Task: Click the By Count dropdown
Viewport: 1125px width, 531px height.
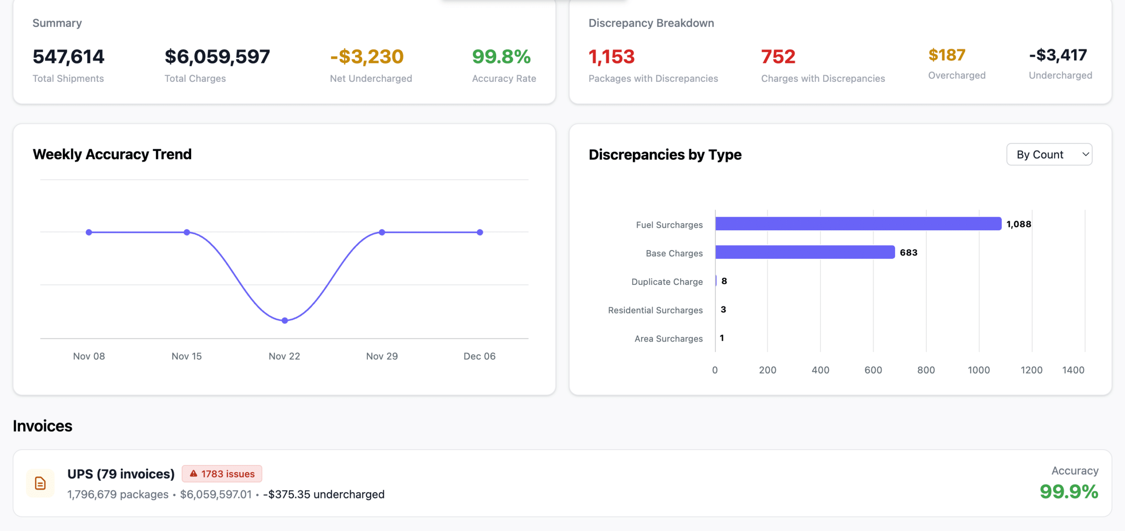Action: tap(1049, 154)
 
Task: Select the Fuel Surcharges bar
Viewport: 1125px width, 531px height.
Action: tap(858, 224)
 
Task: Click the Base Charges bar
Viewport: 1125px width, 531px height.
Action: tap(805, 252)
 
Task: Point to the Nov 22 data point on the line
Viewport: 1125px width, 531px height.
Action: tap(285, 320)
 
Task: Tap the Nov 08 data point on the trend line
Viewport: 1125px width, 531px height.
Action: tap(89, 232)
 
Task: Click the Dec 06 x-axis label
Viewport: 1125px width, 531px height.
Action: tap(479, 356)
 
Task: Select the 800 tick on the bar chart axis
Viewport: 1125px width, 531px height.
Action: tap(926, 370)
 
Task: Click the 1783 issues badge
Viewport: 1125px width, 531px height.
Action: tap(222, 474)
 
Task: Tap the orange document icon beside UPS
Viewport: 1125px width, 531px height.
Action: tap(40, 483)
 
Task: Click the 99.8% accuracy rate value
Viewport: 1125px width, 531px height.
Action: tap(501, 57)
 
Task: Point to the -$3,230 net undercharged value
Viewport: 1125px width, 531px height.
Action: tap(367, 57)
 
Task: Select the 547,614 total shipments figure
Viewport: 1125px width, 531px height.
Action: tap(69, 57)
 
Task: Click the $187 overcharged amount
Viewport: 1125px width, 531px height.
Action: tap(947, 55)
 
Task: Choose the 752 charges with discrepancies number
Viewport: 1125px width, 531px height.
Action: tap(778, 57)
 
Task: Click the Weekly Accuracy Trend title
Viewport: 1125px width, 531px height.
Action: tap(112, 154)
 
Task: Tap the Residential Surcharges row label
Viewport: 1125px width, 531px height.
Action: tap(655, 310)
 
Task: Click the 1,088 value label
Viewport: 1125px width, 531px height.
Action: tap(1019, 224)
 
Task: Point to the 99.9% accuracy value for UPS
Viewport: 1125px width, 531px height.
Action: tap(1069, 491)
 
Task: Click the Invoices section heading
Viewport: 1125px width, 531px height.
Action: tap(43, 426)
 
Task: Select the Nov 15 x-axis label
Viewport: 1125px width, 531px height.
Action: tap(186, 356)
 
